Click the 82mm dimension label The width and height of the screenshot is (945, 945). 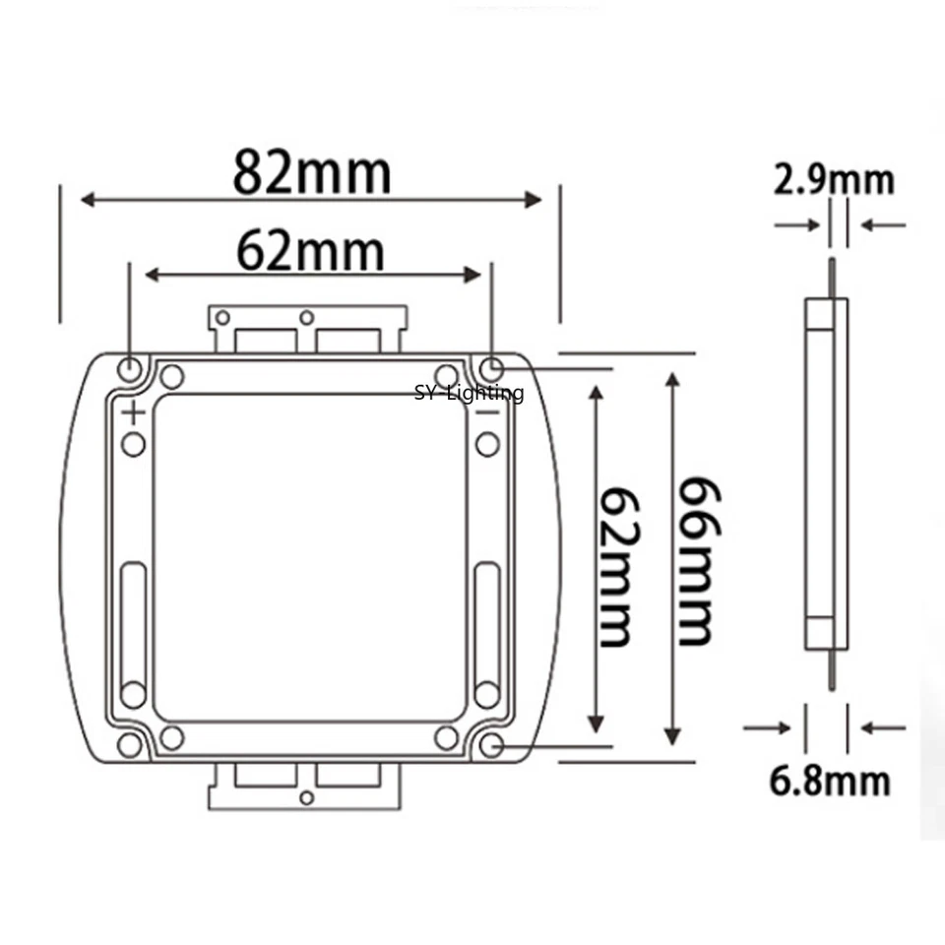pyautogui.click(x=311, y=172)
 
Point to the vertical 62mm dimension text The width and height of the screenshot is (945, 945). pyautogui.click(x=616, y=565)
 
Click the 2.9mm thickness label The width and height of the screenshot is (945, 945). pyautogui.click(x=834, y=180)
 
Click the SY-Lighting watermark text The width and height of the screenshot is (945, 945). pyautogui.click(x=469, y=394)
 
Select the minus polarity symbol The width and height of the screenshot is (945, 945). pyautogui.click(x=487, y=412)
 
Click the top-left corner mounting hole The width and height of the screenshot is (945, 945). pyautogui.click(x=130, y=370)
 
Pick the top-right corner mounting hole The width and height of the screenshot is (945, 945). pyautogui.click(x=491, y=370)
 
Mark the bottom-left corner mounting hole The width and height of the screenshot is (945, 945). pyautogui.click(x=130, y=745)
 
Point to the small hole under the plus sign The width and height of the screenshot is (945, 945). pyautogui.click(x=134, y=444)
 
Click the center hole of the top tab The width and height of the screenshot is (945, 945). pyautogui.click(x=307, y=317)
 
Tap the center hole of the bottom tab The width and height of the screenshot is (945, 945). pyautogui.click(x=307, y=795)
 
